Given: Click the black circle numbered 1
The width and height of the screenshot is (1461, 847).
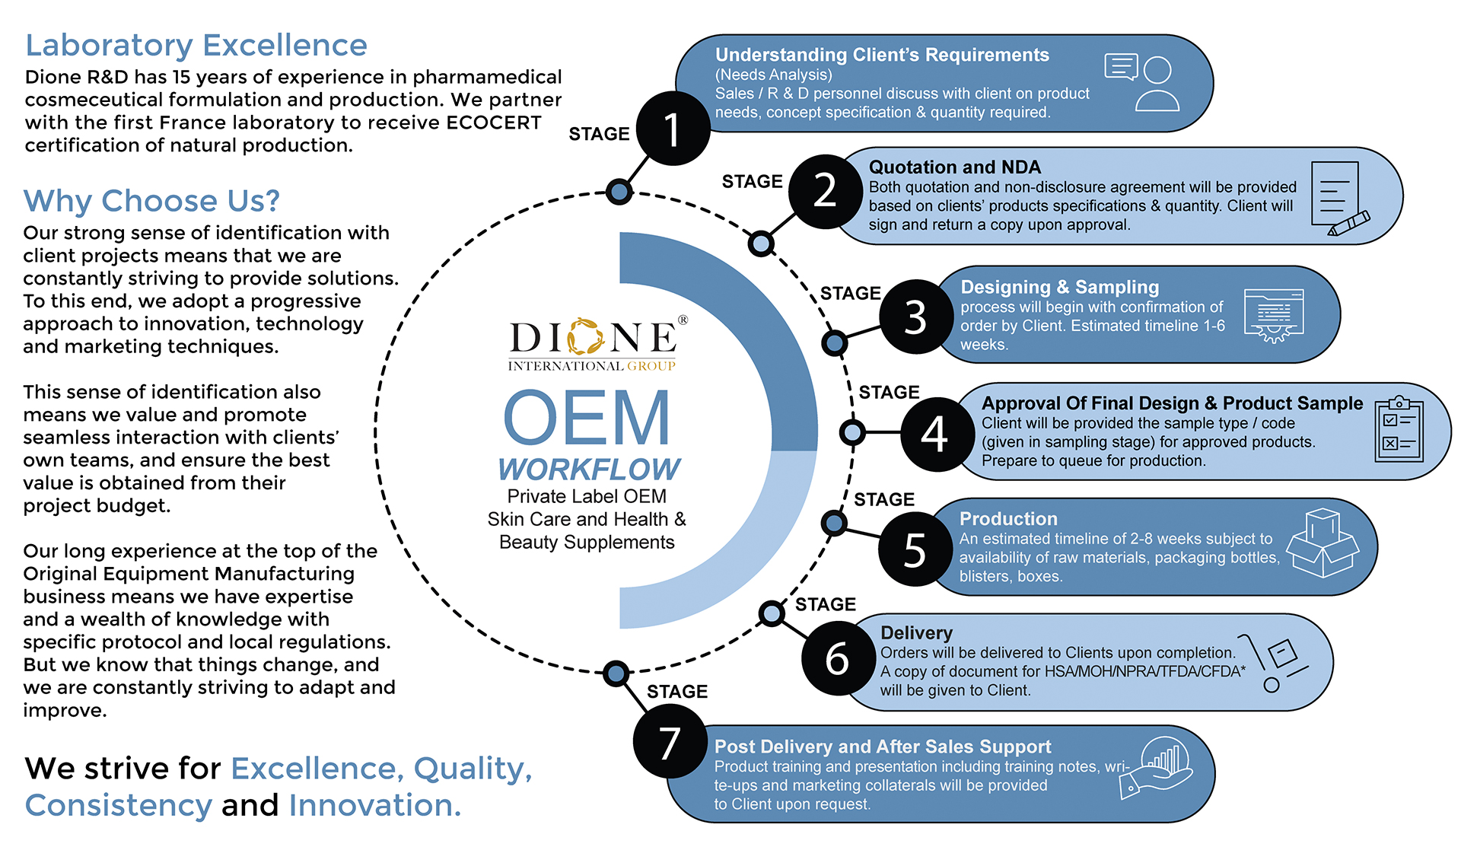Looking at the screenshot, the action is [x=673, y=129].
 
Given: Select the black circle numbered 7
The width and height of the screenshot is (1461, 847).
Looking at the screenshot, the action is [x=670, y=741].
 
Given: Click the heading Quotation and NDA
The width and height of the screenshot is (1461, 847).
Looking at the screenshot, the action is [x=954, y=167].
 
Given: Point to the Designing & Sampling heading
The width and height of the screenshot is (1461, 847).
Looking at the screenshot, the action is [x=1059, y=288].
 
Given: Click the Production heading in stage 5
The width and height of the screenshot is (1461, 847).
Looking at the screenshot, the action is [x=1008, y=519].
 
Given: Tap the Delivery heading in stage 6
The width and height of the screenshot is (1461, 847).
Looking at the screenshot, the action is [x=916, y=633].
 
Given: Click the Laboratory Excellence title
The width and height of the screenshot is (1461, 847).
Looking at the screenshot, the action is [x=196, y=46].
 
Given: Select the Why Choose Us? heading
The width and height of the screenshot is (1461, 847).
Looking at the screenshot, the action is [x=151, y=201].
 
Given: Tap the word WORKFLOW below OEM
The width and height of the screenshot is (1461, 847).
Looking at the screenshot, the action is [x=589, y=470].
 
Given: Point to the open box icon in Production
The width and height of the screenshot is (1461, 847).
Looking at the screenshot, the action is [x=1323, y=543].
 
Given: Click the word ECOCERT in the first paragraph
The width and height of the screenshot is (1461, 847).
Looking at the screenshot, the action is [x=494, y=123].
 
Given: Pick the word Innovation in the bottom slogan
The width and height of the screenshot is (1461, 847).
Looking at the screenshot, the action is [x=375, y=805].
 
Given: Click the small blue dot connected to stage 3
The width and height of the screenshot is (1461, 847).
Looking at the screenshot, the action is [x=835, y=343].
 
